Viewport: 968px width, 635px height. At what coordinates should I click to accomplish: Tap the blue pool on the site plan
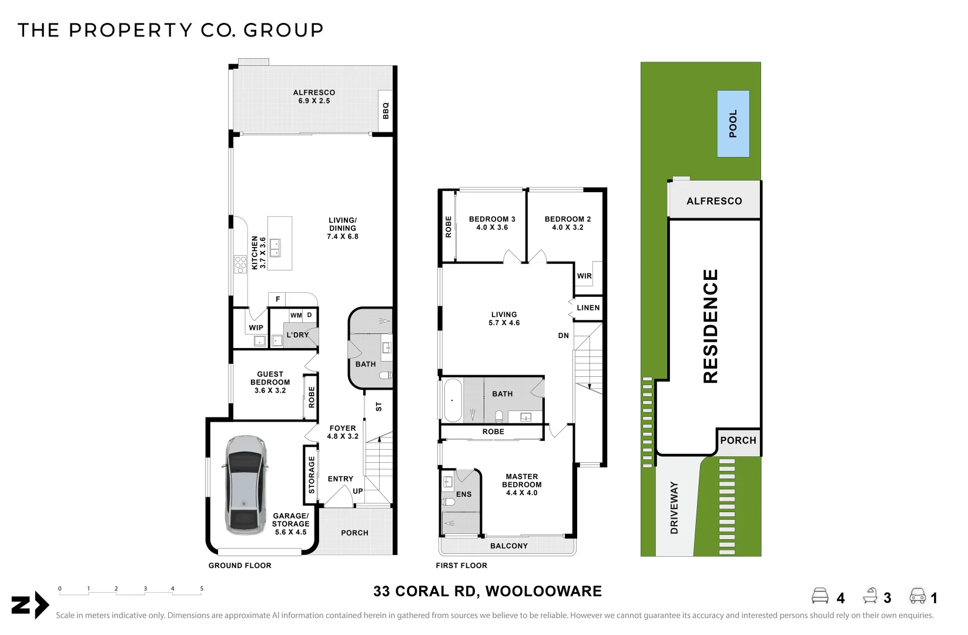(733, 123)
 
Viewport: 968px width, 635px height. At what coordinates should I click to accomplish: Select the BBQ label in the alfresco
(386, 111)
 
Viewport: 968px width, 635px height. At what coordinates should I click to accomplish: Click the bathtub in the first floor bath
(453, 400)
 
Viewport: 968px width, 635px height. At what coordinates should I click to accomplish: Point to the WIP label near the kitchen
(256, 328)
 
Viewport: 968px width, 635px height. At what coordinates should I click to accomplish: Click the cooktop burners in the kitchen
(240, 265)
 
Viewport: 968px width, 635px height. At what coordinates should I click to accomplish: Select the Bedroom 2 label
(568, 223)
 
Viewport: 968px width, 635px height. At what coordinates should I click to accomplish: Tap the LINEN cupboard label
(588, 308)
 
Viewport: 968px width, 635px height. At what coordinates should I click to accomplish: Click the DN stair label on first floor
(563, 336)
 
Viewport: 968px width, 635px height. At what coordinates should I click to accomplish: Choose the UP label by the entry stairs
(358, 491)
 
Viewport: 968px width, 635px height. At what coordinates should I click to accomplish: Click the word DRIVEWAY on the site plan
(674, 508)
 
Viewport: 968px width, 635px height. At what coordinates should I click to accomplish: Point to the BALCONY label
(509, 546)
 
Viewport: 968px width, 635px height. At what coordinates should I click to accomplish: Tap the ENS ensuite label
(464, 494)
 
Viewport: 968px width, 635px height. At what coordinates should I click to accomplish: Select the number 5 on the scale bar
(202, 589)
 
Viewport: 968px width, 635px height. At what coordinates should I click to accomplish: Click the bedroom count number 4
(840, 598)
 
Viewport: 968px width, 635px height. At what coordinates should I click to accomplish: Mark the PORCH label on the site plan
(738, 440)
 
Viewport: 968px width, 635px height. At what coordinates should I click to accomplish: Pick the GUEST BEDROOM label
(270, 382)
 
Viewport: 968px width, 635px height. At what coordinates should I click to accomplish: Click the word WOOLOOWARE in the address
(544, 591)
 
